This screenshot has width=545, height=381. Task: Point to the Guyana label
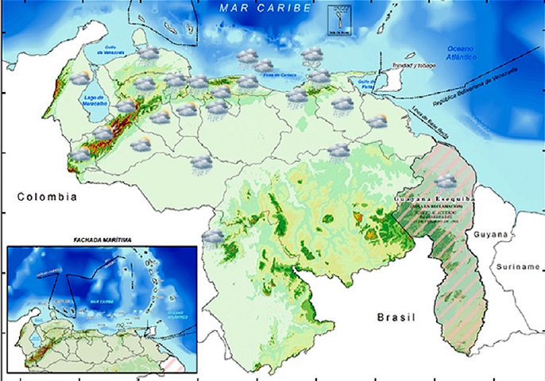pos(490,235)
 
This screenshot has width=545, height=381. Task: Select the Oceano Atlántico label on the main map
pos(458,52)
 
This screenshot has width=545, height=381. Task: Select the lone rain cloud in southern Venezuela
pos(213,237)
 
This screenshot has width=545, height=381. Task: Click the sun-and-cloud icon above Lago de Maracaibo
pos(81,78)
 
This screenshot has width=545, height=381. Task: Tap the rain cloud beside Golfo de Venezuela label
pos(147,53)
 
